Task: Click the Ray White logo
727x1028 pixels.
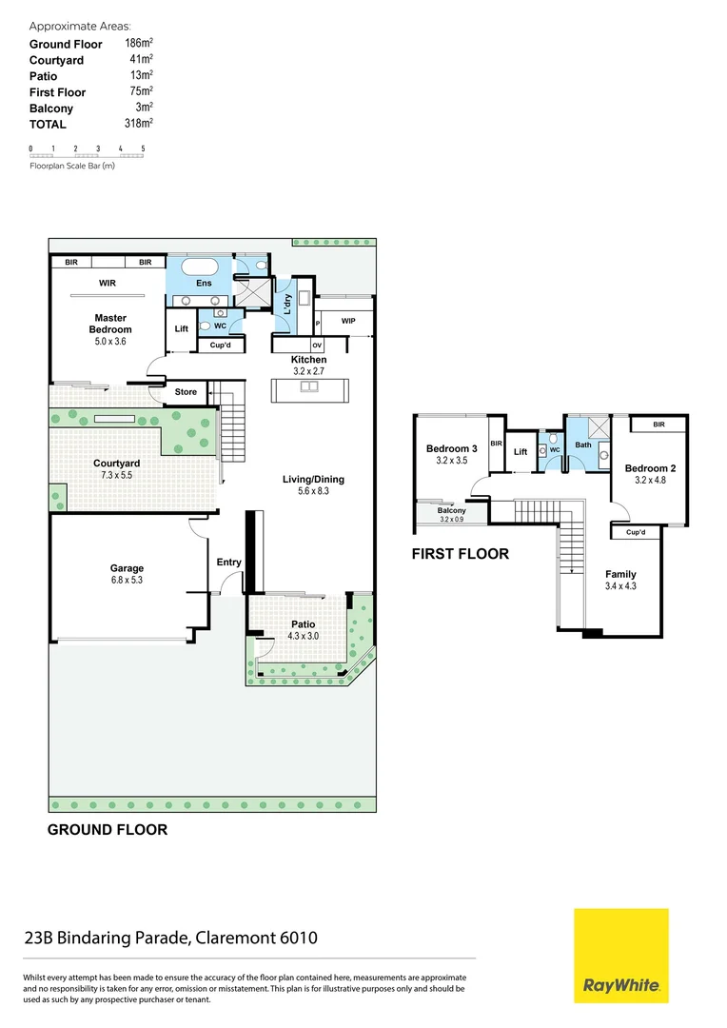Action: click(620, 956)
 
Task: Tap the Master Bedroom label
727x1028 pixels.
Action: click(110, 324)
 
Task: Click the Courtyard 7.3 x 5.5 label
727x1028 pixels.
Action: click(117, 468)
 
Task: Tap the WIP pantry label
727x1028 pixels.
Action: click(347, 321)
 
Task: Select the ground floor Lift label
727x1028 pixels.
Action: click(182, 329)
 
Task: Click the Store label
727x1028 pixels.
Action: click(186, 392)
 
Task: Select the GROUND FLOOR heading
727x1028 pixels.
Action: click(108, 830)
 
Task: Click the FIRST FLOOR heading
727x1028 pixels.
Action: click(460, 554)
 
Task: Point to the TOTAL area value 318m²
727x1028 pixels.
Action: click(139, 124)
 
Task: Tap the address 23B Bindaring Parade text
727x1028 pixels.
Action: click(170, 939)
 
